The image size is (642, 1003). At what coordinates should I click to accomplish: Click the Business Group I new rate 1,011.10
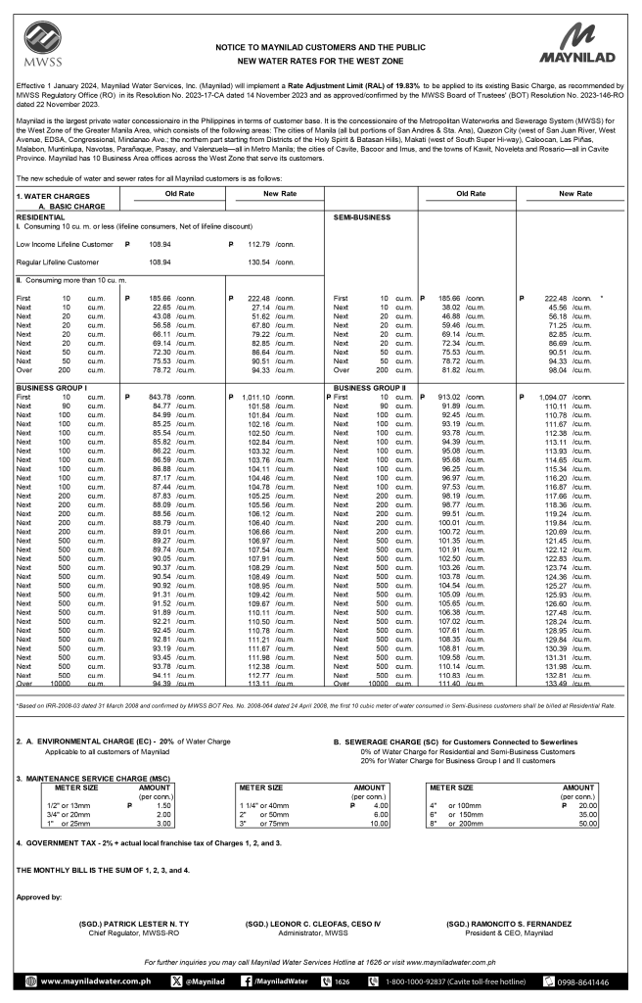tap(252, 397)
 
